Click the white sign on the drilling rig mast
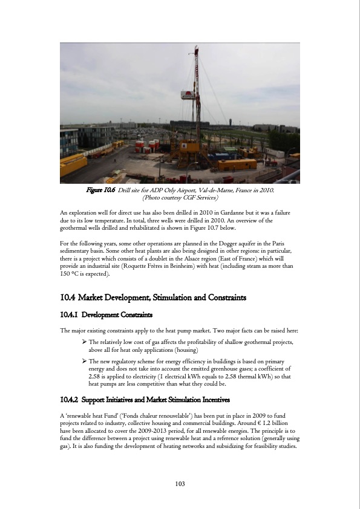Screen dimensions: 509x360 [x=188, y=94]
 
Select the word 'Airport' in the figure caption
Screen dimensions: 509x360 [x=188, y=190]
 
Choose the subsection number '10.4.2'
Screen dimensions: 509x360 [x=70, y=400]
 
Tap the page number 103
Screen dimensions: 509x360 [x=180, y=484]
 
